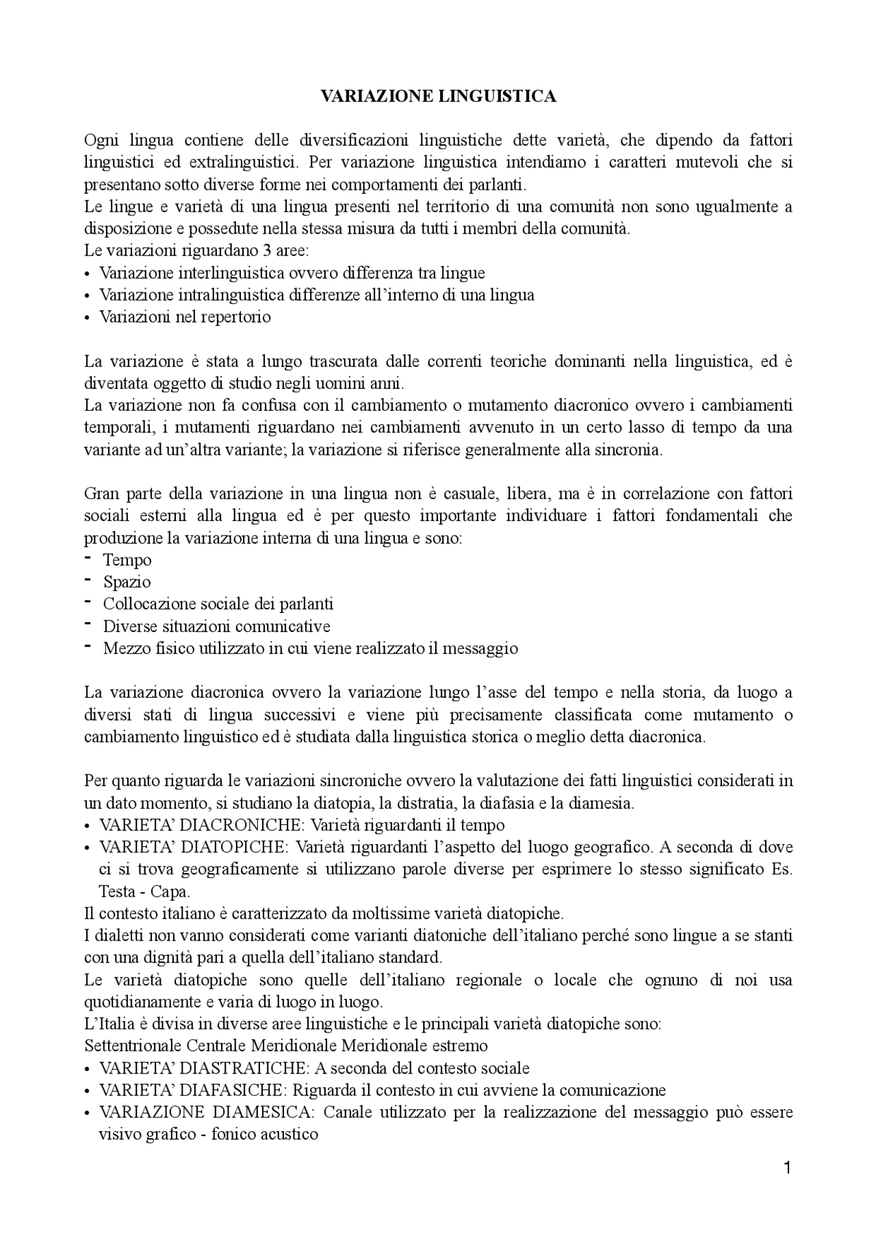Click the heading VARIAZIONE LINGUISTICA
point(438,97)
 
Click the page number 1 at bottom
point(787,1168)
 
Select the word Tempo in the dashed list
point(127,560)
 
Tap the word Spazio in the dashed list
point(127,582)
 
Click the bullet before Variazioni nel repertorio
point(87,318)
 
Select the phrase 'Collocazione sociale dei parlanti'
point(218,604)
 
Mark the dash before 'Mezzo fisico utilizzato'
point(88,646)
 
